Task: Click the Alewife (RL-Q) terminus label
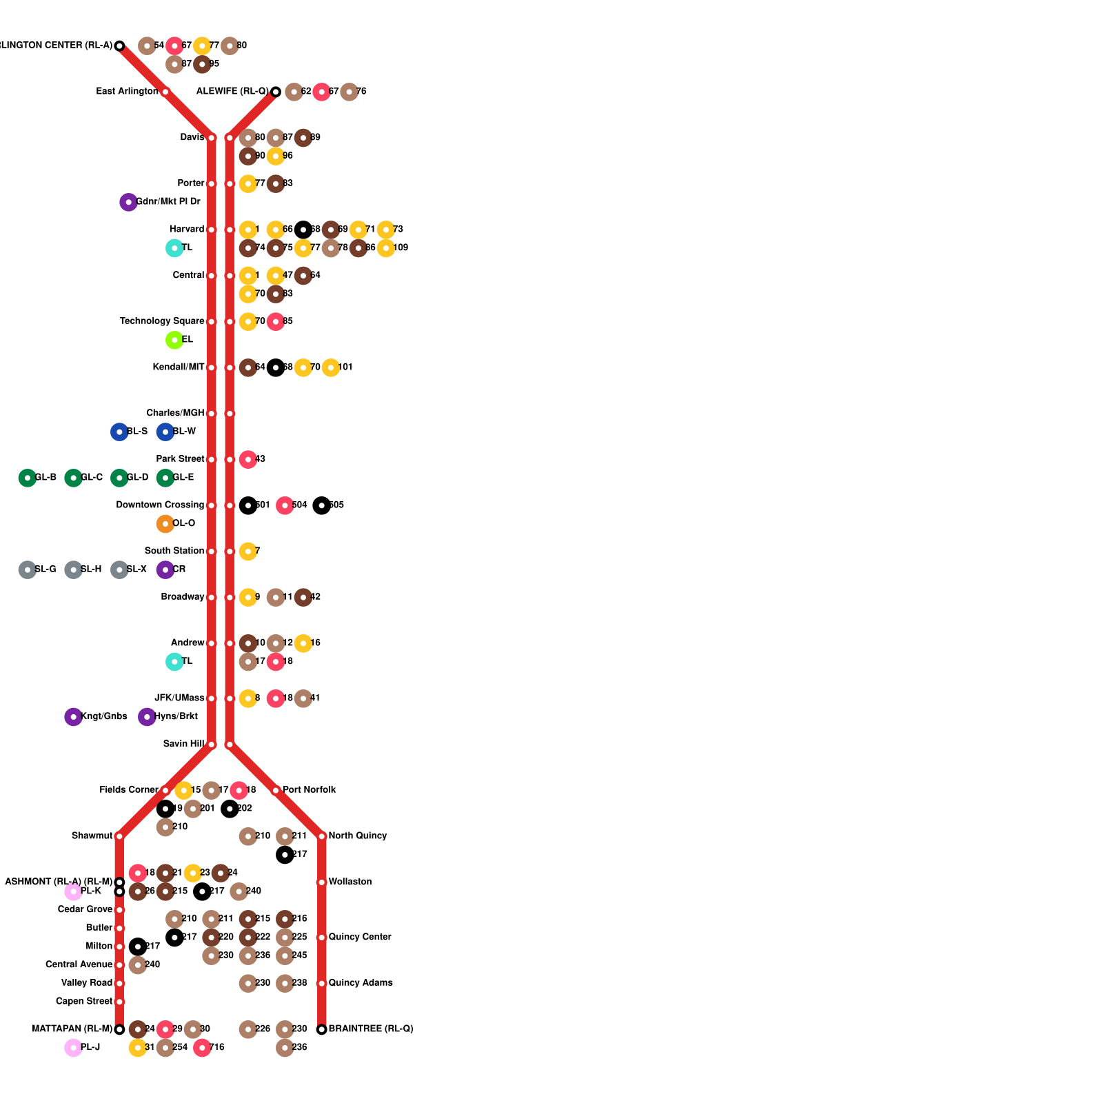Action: click(232, 92)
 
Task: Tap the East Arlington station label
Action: click(127, 92)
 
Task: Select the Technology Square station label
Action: click(162, 321)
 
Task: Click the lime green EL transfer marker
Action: click(174, 340)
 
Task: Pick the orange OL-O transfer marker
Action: click(165, 524)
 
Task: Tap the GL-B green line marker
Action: click(27, 478)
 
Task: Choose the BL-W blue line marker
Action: click(165, 432)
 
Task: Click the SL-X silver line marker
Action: click(119, 570)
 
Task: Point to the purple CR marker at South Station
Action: click(165, 570)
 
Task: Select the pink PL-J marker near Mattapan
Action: click(73, 1048)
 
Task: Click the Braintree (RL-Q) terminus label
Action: click(370, 1029)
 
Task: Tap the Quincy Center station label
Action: click(359, 938)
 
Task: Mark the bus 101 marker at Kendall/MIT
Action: click(331, 367)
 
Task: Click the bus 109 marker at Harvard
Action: click(386, 248)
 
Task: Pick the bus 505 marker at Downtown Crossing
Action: click(321, 505)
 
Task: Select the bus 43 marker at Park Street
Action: click(248, 459)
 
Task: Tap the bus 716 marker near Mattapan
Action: click(202, 1048)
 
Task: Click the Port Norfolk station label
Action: click(309, 790)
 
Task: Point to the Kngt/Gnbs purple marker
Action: click(73, 717)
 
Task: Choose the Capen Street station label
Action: click(83, 1002)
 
